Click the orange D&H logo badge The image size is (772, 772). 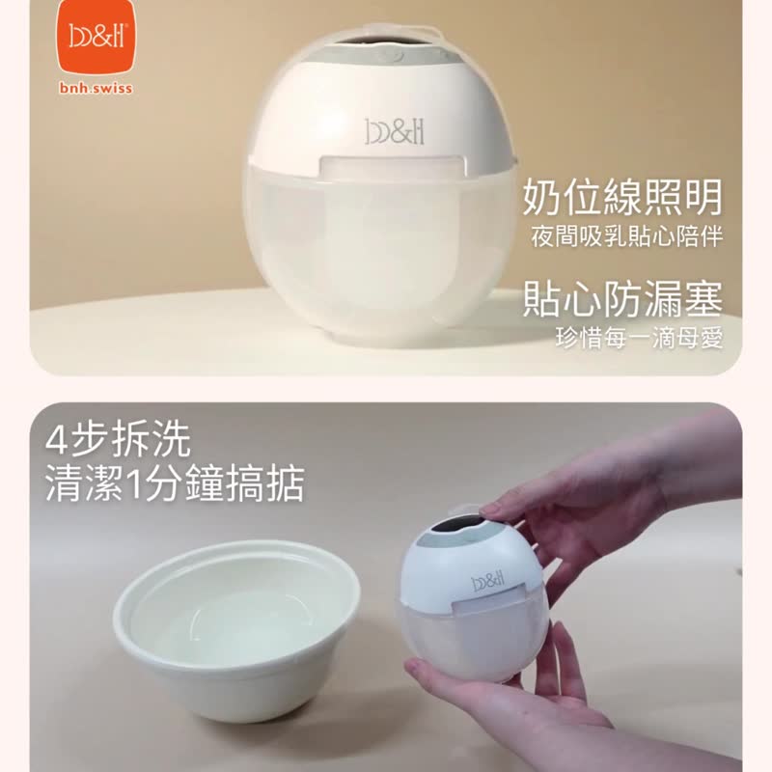coord(96,38)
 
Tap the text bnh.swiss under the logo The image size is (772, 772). coord(96,89)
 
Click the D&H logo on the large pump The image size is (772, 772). coord(395,132)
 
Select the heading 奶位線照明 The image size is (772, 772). coord(622,197)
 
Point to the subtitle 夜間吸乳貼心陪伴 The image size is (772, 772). coord(626,236)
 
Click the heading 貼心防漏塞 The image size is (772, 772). coord(622,298)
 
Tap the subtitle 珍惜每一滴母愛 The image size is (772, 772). coord(639,338)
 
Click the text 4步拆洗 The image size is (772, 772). coord(118,440)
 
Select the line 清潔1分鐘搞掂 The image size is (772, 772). coord(175,483)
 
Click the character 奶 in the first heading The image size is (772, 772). coord(541,197)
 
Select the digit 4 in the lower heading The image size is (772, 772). coord(56,440)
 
